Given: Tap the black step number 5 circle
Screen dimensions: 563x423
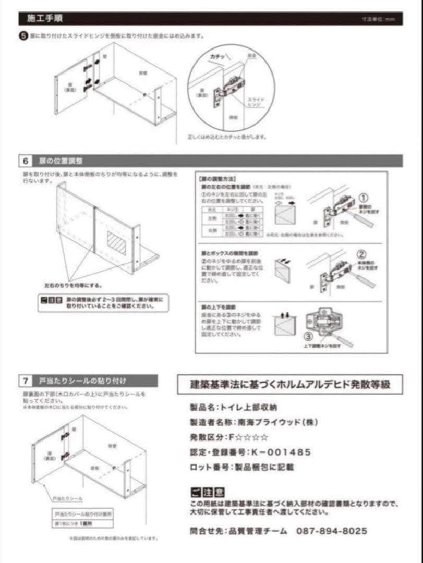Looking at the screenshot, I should point(22,36).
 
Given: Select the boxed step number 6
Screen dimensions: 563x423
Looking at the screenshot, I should point(26,161).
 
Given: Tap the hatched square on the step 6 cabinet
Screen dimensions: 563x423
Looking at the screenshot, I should point(116,243).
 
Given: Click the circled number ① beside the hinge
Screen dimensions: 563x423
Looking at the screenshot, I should point(364,198).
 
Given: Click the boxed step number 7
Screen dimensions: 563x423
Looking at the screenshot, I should point(26,381).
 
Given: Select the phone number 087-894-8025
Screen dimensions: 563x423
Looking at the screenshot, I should point(331,531).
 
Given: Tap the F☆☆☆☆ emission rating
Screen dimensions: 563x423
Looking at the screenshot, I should point(249,437).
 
